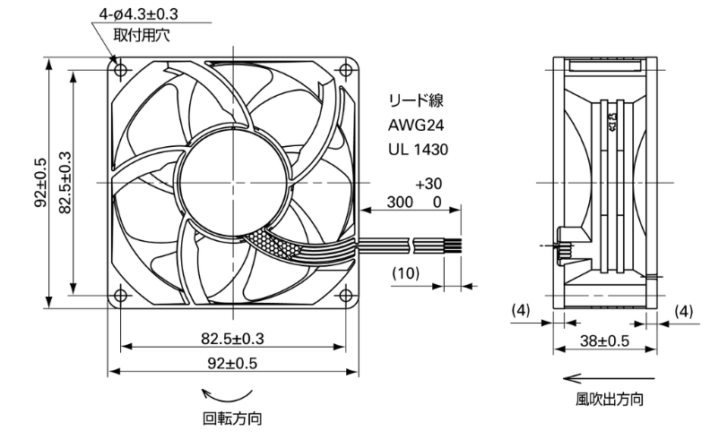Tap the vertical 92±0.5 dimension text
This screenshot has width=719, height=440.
[x=40, y=183]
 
